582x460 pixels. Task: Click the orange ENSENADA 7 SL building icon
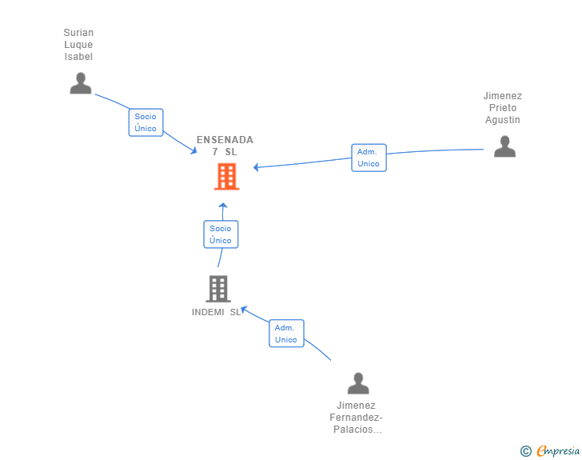pos(227,177)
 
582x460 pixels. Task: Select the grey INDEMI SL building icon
pos(218,289)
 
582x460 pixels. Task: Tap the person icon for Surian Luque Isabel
pos(81,83)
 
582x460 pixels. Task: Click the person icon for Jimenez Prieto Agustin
pos(504,146)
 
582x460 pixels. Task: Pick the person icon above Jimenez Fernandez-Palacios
pos(358,383)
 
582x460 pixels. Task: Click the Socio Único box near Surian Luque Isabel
pos(145,122)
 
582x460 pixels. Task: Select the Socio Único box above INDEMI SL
pos(221,234)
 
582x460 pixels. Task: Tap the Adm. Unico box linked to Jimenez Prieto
pos(369,158)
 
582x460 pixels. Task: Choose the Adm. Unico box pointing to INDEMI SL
pos(286,334)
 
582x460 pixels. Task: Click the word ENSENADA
pos(225,140)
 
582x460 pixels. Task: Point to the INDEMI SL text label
pos(217,312)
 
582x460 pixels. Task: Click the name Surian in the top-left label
pos(78,33)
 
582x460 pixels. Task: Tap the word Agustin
pos(503,120)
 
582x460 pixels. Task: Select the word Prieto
pos(503,108)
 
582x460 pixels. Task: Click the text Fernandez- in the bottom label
pos(357,418)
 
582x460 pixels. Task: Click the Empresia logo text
pos(558,451)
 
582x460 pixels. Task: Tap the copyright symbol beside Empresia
pos(526,451)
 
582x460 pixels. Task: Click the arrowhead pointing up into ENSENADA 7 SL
pos(223,205)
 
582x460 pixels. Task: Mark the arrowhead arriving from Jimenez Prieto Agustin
pos(256,167)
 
